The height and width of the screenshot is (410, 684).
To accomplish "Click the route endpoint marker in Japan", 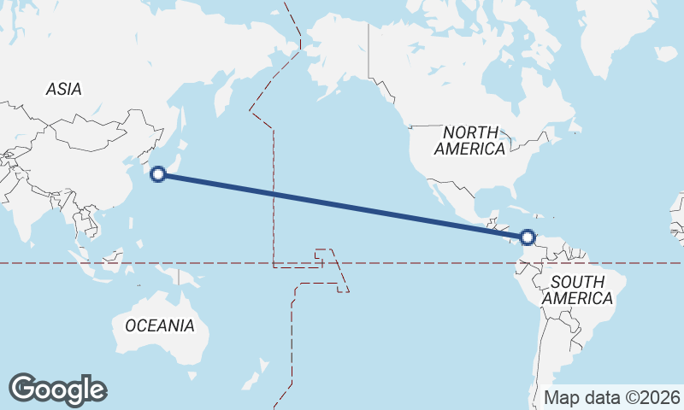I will [x=157, y=174].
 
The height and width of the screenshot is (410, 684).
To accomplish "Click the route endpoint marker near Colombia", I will [x=528, y=237].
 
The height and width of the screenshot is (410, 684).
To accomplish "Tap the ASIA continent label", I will [x=64, y=89].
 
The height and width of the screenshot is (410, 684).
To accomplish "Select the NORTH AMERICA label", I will [x=469, y=140].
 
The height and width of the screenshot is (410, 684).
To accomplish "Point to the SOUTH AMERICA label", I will [x=578, y=290].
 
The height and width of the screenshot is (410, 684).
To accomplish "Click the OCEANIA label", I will [x=160, y=325].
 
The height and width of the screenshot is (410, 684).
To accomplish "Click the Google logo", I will [x=57, y=389].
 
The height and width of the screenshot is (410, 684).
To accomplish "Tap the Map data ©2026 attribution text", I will [x=612, y=397].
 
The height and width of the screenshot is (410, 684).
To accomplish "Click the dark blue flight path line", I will [x=342, y=206].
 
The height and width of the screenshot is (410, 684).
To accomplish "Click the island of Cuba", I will [x=510, y=209].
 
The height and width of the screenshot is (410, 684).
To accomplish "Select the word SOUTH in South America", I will [x=578, y=282].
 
